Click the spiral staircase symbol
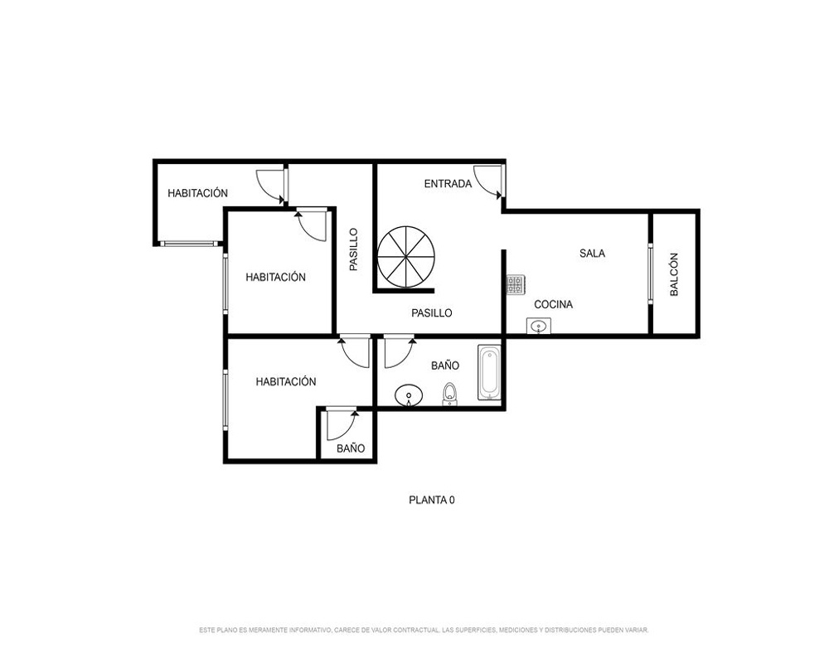pos(406,257)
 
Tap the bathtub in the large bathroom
pos(489,373)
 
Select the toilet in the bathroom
pos(449,394)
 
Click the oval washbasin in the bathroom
pos(409,395)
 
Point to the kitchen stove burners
pos(516,284)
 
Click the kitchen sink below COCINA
pos(538,326)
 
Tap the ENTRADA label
pos(448,184)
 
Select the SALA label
pos(592,254)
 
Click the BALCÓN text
pos(674,274)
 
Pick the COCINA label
pos(554,304)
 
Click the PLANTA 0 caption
pos(432,501)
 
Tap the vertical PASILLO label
pos(354,249)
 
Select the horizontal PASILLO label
pos(432,313)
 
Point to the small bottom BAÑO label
pos(351,448)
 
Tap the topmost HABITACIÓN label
pos(198,193)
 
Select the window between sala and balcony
pos(650,273)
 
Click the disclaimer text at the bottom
pos(424,630)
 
